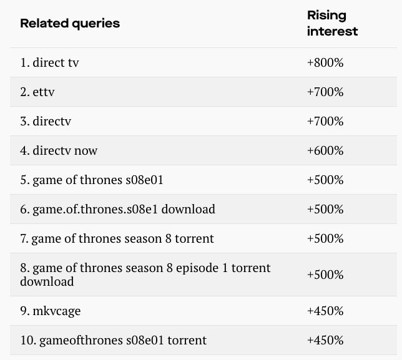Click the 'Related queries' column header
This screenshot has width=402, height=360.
pyautogui.click(x=70, y=24)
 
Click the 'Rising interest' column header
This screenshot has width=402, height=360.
pyautogui.click(x=332, y=24)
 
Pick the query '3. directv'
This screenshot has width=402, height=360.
pyautogui.click(x=46, y=121)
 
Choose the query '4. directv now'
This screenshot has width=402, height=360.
pyautogui.click(x=59, y=150)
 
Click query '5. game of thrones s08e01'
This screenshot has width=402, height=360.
pyautogui.click(x=92, y=180)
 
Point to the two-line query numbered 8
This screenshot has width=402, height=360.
pyautogui.click(x=145, y=275)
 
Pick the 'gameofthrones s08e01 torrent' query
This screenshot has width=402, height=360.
pyautogui.click(x=113, y=340)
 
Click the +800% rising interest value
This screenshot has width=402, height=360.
pyautogui.click(x=325, y=62)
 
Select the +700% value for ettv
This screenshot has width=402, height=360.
pyautogui.click(x=325, y=92)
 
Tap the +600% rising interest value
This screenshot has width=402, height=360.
pyautogui.click(x=325, y=150)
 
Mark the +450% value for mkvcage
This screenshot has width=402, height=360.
pyautogui.click(x=325, y=311)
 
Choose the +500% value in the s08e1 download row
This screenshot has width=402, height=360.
pyautogui.click(x=325, y=209)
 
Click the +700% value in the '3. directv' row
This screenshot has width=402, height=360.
pyautogui.click(x=325, y=121)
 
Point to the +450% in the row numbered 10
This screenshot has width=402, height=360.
pyautogui.click(x=325, y=340)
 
